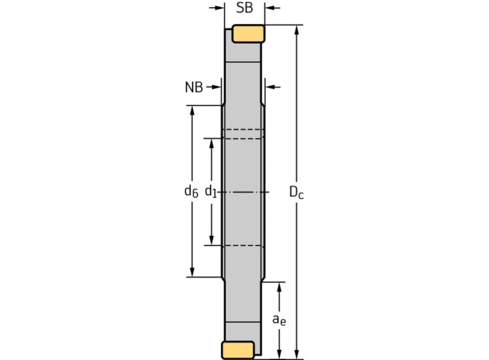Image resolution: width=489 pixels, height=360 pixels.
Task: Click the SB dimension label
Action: pos(244,8)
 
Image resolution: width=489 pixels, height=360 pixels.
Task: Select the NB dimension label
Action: pos(194,88)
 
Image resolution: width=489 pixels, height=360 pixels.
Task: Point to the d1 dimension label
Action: pos(211,192)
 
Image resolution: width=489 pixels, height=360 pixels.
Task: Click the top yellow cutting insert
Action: pos(248,33)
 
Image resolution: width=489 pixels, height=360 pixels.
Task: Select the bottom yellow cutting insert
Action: pos(238,350)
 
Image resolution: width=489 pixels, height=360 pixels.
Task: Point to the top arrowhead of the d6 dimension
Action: pos(192,110)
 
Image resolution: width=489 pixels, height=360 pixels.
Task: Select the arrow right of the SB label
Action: pos(270,8)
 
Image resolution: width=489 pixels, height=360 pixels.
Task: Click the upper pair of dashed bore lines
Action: pos(244,134)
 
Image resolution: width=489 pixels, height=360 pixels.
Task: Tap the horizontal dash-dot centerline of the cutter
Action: pos(244,192)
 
